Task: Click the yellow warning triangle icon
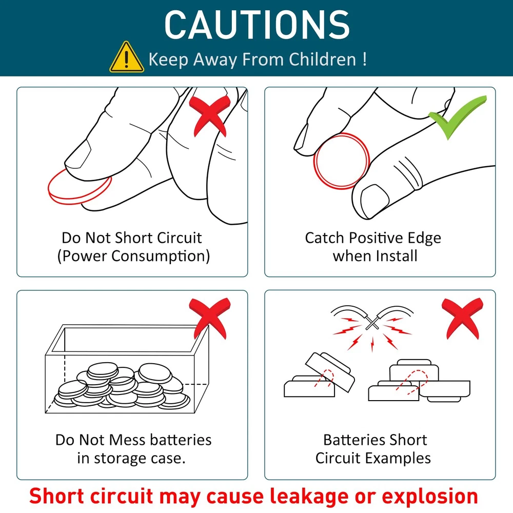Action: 126,57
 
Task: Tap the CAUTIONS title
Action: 257,25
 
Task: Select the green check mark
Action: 458,116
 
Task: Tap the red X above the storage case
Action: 210,318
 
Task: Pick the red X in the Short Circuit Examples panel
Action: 462,318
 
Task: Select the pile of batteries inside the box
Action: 122,385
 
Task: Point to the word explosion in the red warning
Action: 430,496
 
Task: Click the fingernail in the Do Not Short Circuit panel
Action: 78,154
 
